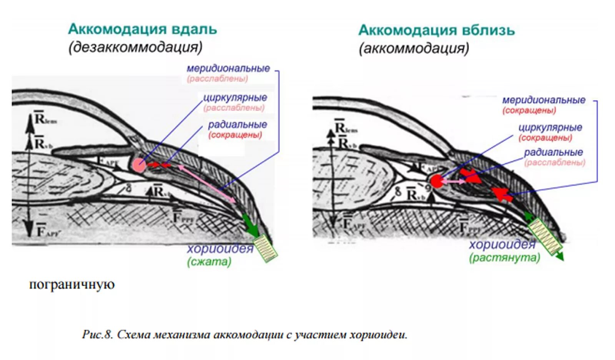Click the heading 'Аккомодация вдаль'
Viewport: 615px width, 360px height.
pos(143,29)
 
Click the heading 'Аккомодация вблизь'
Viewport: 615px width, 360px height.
pos(436,30)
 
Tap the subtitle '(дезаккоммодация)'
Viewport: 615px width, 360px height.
pos(135,47)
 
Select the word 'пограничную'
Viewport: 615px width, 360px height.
pos(72,285)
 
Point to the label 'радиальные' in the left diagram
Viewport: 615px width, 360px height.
pos(238,125)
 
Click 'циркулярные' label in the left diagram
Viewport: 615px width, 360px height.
pos(235,97)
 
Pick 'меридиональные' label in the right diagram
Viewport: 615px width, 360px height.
pos(544,100)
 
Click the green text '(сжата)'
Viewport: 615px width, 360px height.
pos(209,262)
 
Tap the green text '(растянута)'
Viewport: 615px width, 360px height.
pos(504,257)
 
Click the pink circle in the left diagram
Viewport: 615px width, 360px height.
pos(139,165)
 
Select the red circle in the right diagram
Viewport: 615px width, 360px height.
pos(437,181)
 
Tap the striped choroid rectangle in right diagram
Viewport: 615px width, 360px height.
pos(545,235)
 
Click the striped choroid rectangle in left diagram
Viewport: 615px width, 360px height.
pos(266,248)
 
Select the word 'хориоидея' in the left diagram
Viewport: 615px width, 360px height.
pos(220,249)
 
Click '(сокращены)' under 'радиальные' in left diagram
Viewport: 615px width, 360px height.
pos(235,135)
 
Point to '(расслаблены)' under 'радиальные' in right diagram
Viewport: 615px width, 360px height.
pos(555,162)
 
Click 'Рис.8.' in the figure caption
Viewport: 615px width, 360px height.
pos(97,335)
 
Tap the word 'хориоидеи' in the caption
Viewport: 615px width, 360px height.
pos(378,335)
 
